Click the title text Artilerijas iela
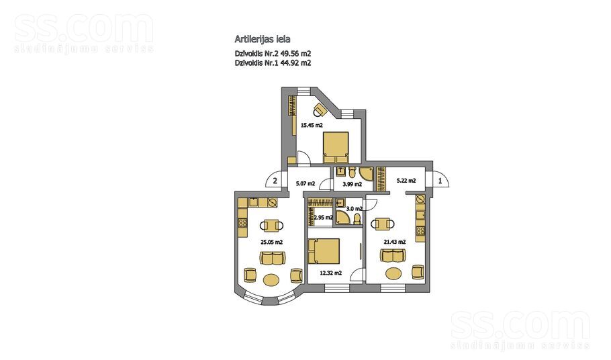pyautogui.click(x=263, y=40)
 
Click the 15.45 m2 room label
pyautogui.click(x=312, y=125)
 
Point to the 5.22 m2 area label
pyautogui.click(x=406, y=180)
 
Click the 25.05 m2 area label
pyautogui.click(x=271, y=241)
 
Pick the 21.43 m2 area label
pyautogui.click(x=394, y=241)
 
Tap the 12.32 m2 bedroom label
pyautogui.click(x=332, y=273)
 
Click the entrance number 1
pyautogui.click(x=440, y=180)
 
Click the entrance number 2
pyautogui.click(x=275, y=180)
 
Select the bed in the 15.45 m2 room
pyautogui.click(x=336, y=147)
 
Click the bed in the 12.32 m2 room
pyautogui.click(x=324, y=252)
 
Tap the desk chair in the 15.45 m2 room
pyautogui.click(x=320, y=108)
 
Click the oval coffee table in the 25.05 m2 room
pyautogui.click(x=272, y=279)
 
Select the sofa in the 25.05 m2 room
pyautogui.click(x=272, y=258)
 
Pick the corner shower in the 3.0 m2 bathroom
pyautogui.click(x=340, y=217)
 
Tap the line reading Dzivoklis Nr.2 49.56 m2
pyautogui.click(x=272, y=53)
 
